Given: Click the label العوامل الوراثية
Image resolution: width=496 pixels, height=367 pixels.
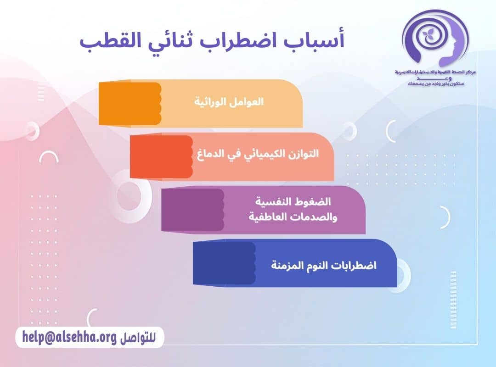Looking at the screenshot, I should (x=229, y=102).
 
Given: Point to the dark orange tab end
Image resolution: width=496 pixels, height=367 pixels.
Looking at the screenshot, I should (x=130, y=103).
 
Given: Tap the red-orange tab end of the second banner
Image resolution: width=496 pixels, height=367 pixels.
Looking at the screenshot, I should (x=161, y=156).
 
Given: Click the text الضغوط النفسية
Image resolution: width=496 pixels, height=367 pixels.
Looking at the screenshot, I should (x=293, y=202).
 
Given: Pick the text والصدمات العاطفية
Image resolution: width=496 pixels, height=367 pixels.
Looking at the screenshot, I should (x=293, y=217).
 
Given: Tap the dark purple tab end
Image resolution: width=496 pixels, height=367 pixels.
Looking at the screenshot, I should (x=192, y=210).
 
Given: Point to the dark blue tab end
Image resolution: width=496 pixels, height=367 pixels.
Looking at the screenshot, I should (x=224, y=263).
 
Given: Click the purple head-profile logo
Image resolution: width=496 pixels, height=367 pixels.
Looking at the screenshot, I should (x=434, y=39).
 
